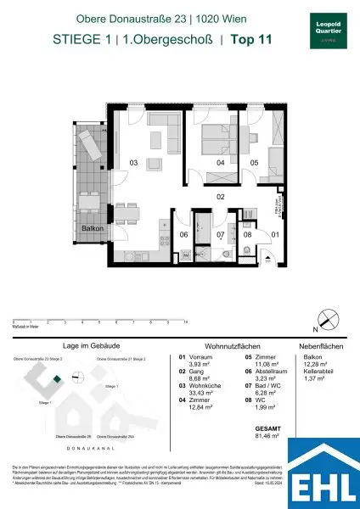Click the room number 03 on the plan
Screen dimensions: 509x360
(133, 162)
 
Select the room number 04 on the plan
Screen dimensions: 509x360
(220, 162)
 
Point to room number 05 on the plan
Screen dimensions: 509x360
(253, 162)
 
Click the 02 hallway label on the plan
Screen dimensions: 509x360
(219, 197)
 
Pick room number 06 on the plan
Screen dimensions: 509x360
(182, 235)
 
